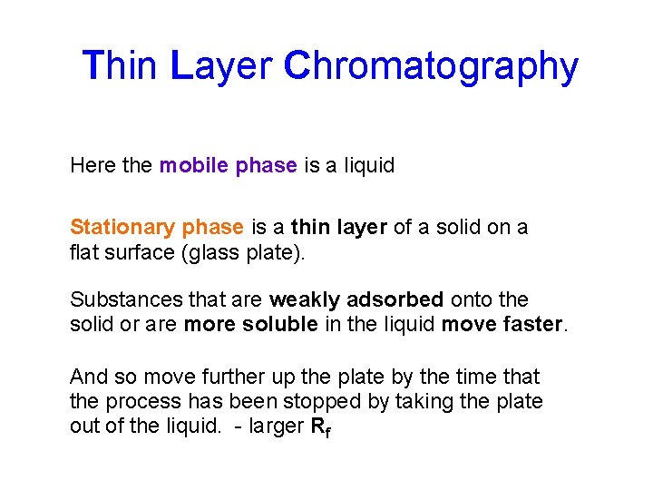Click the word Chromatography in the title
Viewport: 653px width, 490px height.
(431, 67)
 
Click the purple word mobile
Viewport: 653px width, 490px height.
(193, 166)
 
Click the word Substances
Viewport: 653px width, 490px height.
(119, 299)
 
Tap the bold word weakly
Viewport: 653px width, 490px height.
(304, 299)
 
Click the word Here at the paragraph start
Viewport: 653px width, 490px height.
(93, 166)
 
